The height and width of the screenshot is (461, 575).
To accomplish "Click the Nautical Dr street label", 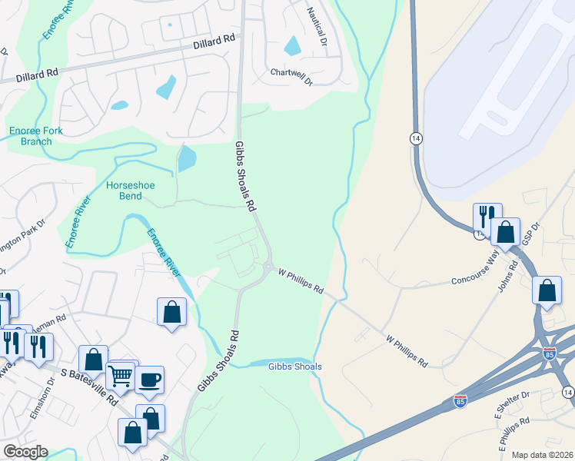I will [x=317, y=25].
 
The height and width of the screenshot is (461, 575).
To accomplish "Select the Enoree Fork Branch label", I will [x=36, y=136].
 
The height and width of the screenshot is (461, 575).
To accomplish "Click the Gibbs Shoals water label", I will [x=295, y=366].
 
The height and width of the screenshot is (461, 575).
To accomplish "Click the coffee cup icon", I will [x=149, y=379].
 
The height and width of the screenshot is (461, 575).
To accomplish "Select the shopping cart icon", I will [x=120, y=376].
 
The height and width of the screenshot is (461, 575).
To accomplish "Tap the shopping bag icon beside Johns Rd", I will [x=547, y=291].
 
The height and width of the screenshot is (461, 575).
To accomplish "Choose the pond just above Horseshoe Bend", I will [x=187, y=159].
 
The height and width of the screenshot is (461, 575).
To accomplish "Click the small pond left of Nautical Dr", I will [x=292, y=46].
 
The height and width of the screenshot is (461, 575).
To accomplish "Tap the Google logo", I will [x=25, y=453].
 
